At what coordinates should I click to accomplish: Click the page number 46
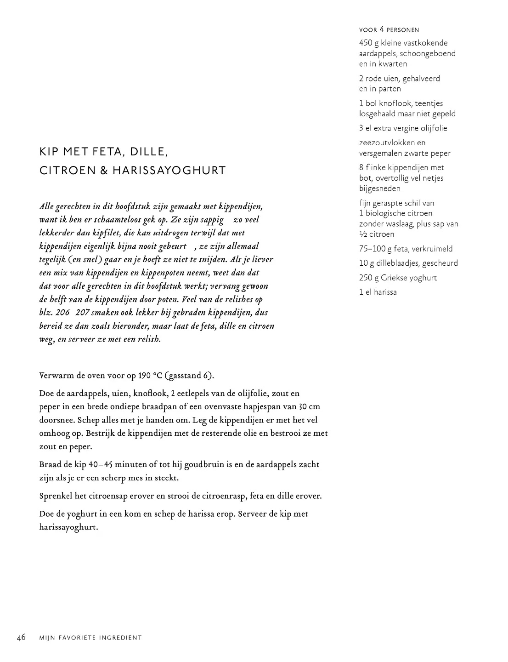point(21,637)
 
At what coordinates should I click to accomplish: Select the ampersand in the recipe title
point(104,171)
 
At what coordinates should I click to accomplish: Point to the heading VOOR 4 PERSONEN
point(389,30)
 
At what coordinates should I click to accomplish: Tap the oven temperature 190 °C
point(150,376)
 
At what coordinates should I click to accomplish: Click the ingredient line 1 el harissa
point(378,292)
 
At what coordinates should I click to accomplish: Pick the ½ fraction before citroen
point(363,234)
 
